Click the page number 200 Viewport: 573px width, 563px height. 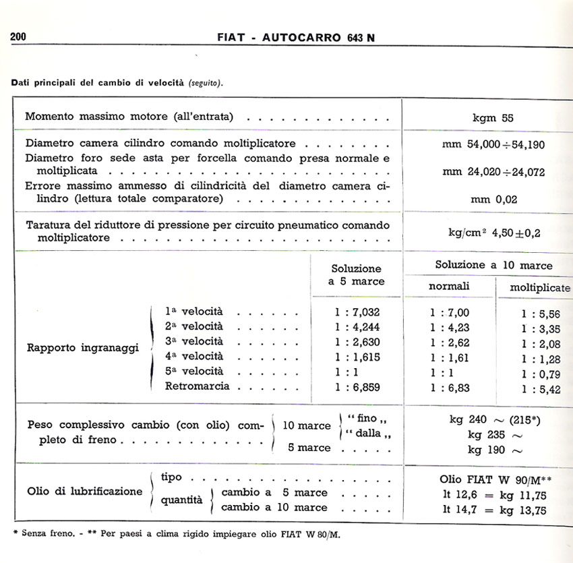pyautogui.click(x=18, y=37)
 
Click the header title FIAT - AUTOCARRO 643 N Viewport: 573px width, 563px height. pyautogui.click(x=296, y=38)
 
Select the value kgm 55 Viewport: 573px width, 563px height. pyautogui.click(x=493, y=117)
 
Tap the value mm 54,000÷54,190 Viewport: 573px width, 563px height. pyautogui.click(x=494, y=144)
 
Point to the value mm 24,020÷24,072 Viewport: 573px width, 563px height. pyautogui.click(x=493, y=172)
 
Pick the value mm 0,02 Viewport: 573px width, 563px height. pyautogui.click(x=493, y=200)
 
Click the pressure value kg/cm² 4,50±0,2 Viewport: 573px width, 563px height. pyautogui.click(x=494, y=233)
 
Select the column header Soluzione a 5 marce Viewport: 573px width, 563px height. pyautogui.click(x=356, y=275)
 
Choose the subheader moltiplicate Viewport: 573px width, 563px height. pyautogui.click(x=539, y=288)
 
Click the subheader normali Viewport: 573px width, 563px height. pyautogui.click(x=450, y=287)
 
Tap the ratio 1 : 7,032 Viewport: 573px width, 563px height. pyautogui.click(x=357, y=312)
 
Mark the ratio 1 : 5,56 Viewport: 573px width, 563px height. pyautogui.click(x=541, y=314)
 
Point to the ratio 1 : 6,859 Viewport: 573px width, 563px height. pyautogui.click(x=357, y=387)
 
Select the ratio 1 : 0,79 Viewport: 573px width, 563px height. pyautogui.click(x=541, y=373)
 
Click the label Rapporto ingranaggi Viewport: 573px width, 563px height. pyautogui.click(x=83, y=349)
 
